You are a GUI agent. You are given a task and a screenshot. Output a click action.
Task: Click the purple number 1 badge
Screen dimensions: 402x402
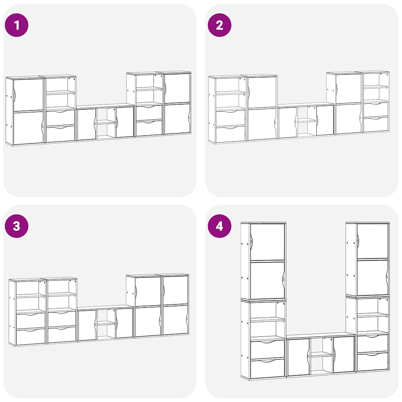pyautogui.click(x=16, y=25)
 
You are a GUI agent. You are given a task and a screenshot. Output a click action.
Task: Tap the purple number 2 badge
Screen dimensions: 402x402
pyautogui.click(x=219, y=25)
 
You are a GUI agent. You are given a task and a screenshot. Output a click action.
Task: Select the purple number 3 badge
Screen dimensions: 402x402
pyautogui.click(x=16, y=226)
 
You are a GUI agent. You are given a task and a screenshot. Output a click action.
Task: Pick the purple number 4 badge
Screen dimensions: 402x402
pyautogui.click(x=219, y=226)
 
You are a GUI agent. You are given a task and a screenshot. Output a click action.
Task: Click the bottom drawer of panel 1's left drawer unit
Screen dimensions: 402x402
pyautogui.click(x=60, y=133)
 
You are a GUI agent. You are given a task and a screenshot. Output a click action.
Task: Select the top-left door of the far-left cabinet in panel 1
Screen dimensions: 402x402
pyautogui.click(x=28, y=95)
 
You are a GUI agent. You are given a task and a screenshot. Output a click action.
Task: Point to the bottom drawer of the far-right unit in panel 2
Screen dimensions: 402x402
pyautogui.click(x=376, y=124)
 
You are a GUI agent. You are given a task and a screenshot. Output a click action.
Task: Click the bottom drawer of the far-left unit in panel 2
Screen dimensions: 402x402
pyautogui.click(x=230, y=134)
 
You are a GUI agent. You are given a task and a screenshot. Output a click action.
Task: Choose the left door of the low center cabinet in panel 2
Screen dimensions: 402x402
pyautogui.click(x=288, y=123)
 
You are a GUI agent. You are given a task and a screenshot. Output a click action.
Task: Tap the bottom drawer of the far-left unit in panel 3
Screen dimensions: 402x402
pyautogui.click(x=31, y=336)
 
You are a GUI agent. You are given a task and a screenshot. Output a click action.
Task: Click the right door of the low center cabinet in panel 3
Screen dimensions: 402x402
pyautogui.click(x=124, y=323)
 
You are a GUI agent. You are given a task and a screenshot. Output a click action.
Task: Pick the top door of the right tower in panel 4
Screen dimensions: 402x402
pyautogui.click(x=373, y=241)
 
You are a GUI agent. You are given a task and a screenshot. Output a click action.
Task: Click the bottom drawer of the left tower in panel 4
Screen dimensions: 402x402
pyautogui.click(x=267, y=368)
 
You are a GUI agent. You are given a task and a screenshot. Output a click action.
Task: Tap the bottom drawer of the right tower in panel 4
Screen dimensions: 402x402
pyautogui.click(x=373, y=362)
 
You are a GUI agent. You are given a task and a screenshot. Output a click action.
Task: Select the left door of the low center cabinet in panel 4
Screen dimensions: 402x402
pyautogui.click(x=299, y=357)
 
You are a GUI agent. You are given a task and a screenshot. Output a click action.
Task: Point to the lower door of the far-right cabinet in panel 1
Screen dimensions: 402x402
pyautogui.click(x=177, y=119)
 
